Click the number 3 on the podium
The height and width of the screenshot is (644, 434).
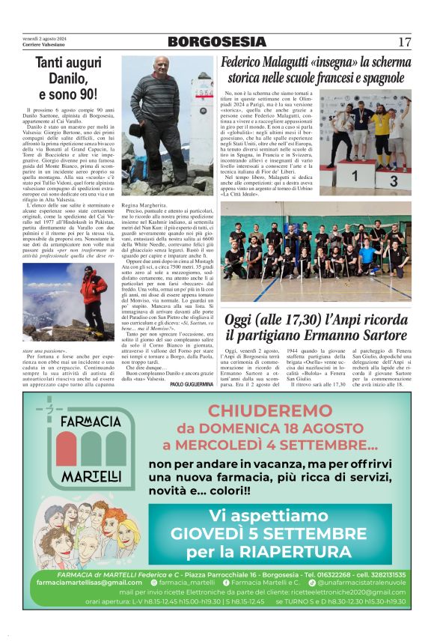(394, 180)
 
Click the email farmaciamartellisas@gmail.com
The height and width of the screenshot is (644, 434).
(88, 581)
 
